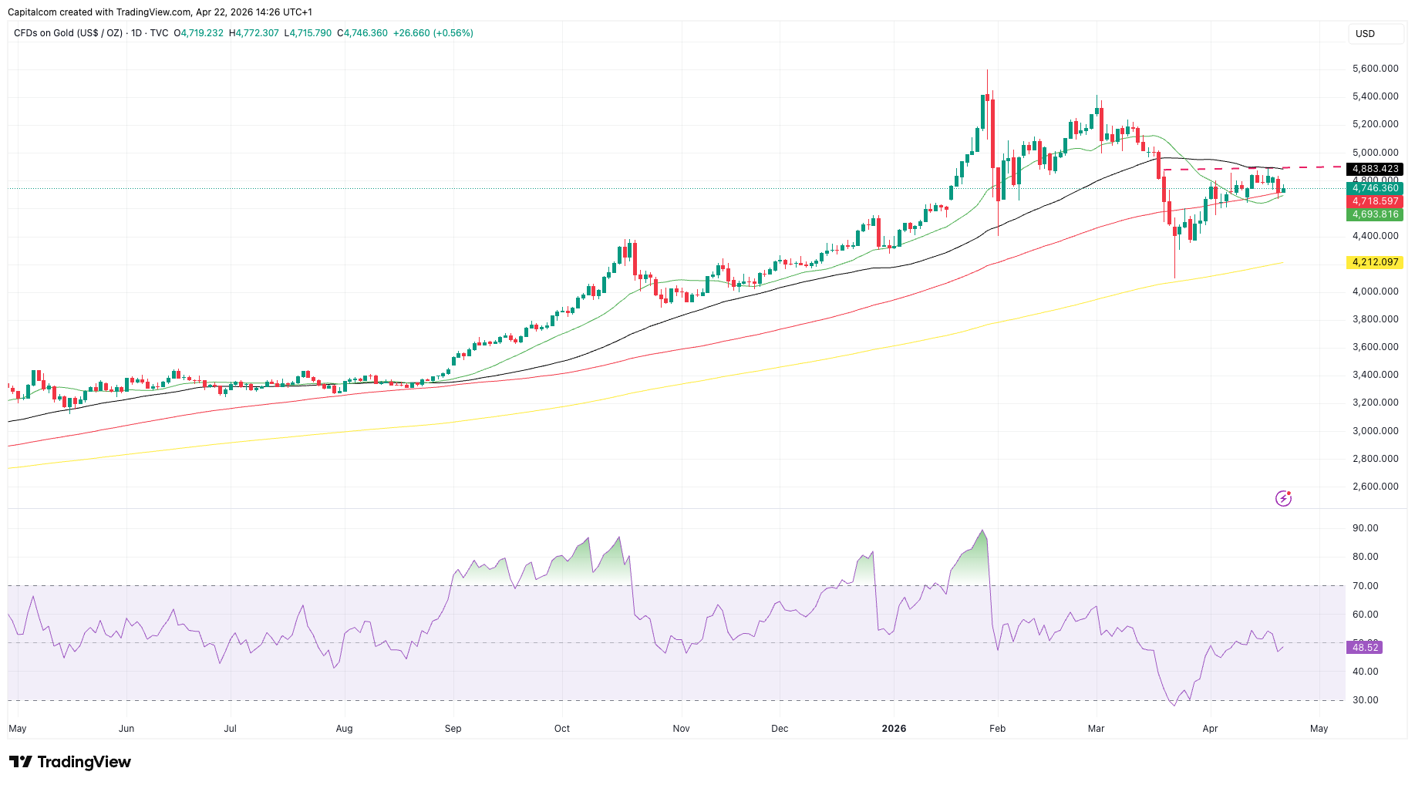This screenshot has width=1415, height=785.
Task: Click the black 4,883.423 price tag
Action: click(1374, 169)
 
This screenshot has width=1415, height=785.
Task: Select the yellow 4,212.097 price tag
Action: click(1374, 262)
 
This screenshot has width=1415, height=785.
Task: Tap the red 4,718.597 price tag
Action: click(1374, 201)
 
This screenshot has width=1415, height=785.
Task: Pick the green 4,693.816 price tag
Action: click(1374, 214)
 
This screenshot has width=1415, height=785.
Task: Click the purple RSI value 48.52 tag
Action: click(1364, 648)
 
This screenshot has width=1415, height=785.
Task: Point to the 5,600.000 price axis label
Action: click(1375, 69)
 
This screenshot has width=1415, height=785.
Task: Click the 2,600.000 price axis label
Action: click(1375, 487)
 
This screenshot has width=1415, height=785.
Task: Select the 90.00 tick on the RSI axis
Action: click(1365, 528)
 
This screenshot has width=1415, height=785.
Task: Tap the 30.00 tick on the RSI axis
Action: click(1365, 700)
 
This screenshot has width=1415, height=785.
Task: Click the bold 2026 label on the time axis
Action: click(894, 729)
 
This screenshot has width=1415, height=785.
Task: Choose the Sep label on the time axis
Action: click(453, 729)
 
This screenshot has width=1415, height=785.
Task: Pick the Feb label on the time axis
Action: click(997, 729)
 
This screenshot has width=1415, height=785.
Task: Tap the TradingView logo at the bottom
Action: click(70, 762)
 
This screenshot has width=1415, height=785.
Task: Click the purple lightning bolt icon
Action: click(1283, 498)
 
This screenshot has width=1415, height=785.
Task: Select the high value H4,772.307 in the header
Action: click(254, 33)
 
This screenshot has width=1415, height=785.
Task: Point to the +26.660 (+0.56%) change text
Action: click(433, 33)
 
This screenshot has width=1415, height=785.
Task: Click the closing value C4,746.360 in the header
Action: click(362, 33)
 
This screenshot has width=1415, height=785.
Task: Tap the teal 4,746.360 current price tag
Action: click(1374, 188)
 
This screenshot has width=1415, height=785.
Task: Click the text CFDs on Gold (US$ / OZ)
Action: click(68, 33)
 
